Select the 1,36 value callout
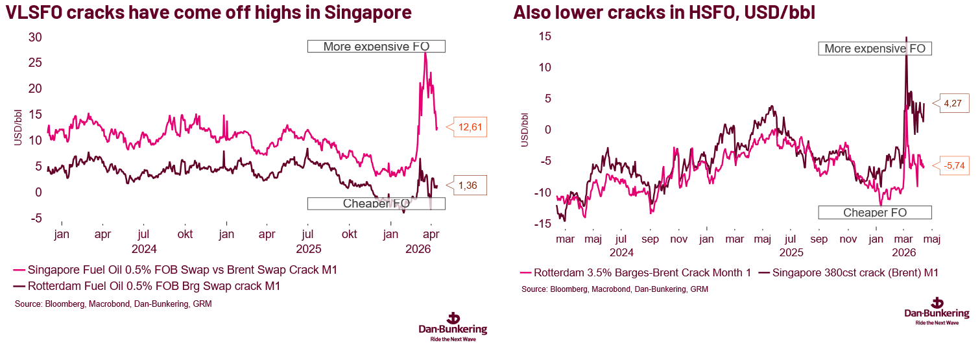pyautogui.click(x=472, y=186)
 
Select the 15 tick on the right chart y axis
pyautogui.click(x=545, y=36)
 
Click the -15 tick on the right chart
pyautogui.click(x=543, y=224)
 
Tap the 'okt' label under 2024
pyautogui.click(x=186, y=234)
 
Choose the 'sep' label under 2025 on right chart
pyautogui.click(x=819, y=239)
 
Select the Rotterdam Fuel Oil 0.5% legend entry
pyautogui.click(x=145, y=285)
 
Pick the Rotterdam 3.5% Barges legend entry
pyautogui.click(x=636, y=273)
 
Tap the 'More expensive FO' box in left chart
pyautogui.click(x=376, y=46)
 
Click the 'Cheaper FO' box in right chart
pyautogui.click(x=874, y=213)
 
